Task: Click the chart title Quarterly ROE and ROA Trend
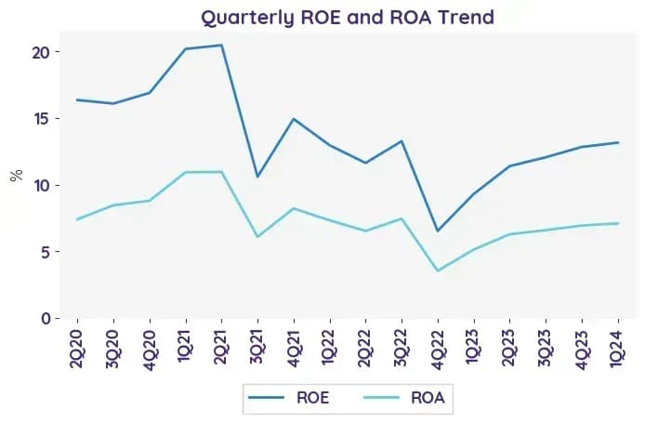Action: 348,18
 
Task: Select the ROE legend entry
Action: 289,398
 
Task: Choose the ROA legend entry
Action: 404,398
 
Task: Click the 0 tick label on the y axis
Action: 46,319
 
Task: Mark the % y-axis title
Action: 17,176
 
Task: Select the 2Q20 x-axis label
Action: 77,349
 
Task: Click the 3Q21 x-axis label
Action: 257,349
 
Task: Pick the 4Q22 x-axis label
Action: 438,349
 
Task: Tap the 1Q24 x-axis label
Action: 618,349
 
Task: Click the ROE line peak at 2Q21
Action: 222,45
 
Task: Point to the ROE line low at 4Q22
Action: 438,231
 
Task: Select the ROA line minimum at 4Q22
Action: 438,271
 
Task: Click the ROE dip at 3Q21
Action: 257,177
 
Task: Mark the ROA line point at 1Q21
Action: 186,172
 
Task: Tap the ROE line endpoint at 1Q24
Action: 618,142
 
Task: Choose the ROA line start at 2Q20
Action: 77,219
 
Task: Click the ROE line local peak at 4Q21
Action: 294,119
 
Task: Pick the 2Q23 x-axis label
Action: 509,349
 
